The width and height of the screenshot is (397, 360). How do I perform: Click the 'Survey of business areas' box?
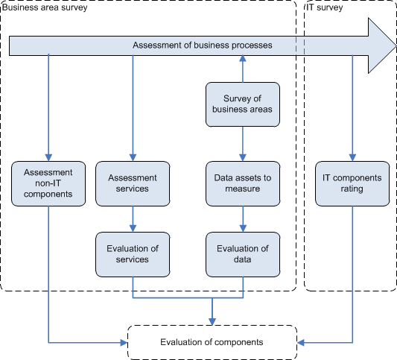pyautogui.click(x=243, y=104)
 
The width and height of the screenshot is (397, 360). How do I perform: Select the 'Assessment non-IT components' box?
pyautogui.click(x=48, y=183)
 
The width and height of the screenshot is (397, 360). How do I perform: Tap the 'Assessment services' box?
pyautogui.click(x=133, y=183)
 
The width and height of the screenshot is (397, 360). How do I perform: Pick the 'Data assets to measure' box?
pyautogui.click(x=243, y=183)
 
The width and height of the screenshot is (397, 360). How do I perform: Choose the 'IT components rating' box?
pyautogui.click(x=352, y=183)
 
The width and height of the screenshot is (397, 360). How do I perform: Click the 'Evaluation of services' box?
pyautogui.click(x=133, y=254)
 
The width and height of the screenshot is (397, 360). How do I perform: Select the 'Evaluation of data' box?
pyautogui.click(x=243, y=254)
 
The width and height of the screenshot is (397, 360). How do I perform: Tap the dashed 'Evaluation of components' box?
pyautogui.click(x=212, y=342)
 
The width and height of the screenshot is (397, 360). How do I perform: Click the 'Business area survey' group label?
pyautogui.click(x=45, y=7)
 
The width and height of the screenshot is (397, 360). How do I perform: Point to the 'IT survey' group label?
pyautogui.click(x=325, y=7)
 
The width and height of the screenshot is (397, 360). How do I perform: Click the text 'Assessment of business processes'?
pyautogui.click(x=203, y=45)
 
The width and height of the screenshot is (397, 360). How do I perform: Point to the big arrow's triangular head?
pyautogui.click(x=382, y=46)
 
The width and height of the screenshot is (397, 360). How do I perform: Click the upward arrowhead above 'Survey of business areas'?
pyautogui.click(x=243, y=58)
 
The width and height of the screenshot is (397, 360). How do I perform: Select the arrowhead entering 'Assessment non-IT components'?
pyautogui.click(x=48, y=157)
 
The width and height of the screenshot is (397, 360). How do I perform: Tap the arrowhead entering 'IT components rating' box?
pyautogui.click(x=352, y=157)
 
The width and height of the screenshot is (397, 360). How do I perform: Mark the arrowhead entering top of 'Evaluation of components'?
pyautogui.click(x=212, y=322)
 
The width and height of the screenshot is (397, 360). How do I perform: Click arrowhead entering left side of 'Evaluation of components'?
pyautogui.click(x=124, y=343)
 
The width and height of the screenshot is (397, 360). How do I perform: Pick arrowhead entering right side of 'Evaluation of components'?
pyautogui.click(x=300, y=343)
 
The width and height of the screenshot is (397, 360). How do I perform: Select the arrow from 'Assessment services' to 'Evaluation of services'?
pyautogui.click(x=133, y=219)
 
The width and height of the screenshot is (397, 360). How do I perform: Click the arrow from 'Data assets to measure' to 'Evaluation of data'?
pyautogui.click(x=243, y=219)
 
